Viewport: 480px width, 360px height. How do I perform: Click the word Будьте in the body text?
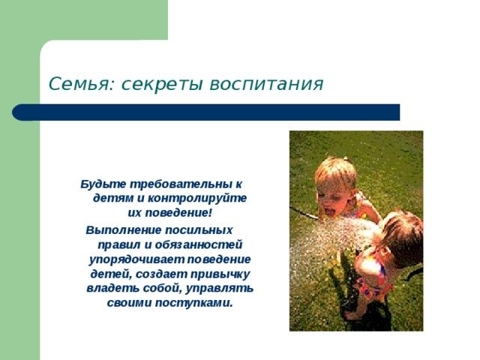click(x=103, y=184)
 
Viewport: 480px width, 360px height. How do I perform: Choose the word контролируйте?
click(x=197, y=198)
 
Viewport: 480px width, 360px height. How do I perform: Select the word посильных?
click(x=199, y=229)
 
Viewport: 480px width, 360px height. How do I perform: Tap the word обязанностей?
click(x=199, y=244)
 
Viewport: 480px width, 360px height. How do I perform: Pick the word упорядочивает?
click(x=136, y=259)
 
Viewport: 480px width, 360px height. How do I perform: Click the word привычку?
click(x=220, y=274)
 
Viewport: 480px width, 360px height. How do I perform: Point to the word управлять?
click(x=220, y=288)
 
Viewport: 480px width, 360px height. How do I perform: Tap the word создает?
click(x=161, y=274)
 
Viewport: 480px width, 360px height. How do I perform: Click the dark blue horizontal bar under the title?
click(x=206, y=112)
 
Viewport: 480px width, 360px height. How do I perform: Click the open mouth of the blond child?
click(x=329, y=211)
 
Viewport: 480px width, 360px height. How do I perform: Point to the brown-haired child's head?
click(x=401, y=235)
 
